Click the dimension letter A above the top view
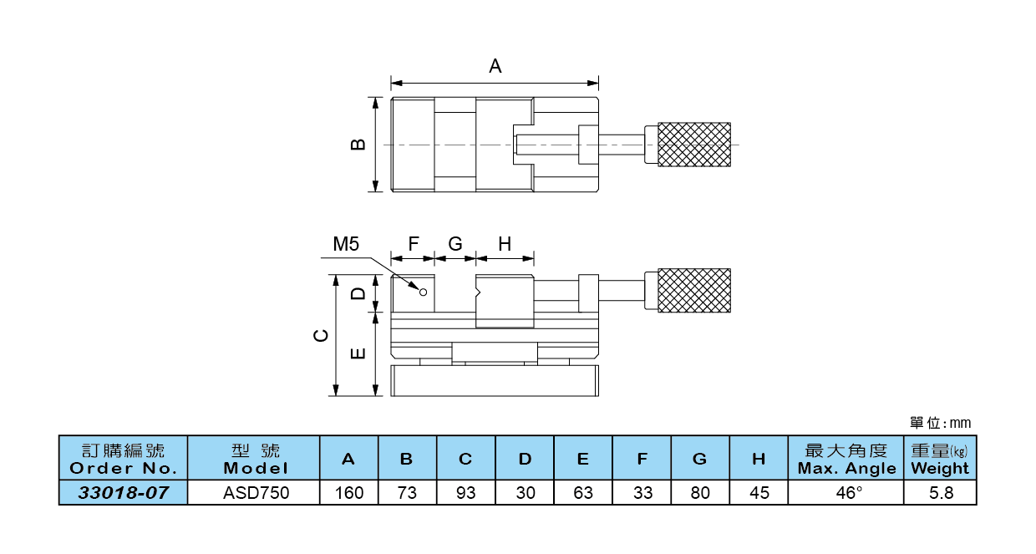click(x=495, y=66)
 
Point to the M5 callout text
click(x=346, y=244)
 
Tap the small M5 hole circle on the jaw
click(x=423, y=292)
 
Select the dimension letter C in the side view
click(x=320, y=336)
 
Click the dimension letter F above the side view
click(x=413, y=244)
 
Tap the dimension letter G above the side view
click(x=455, y=244)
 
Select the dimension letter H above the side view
click(x=505, y=244)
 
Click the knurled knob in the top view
click(x=694, y=144)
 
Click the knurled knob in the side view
click(x=694, y=290)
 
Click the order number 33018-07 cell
click(x=124, y=493)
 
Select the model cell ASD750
click(x=256, y=493)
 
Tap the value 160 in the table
click(x=349, y=493)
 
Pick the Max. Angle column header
click(x=846, y=459)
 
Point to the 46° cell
click(x=846, y=493)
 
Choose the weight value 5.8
click(x=941, y=493)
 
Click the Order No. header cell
click(x=124, y=459)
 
